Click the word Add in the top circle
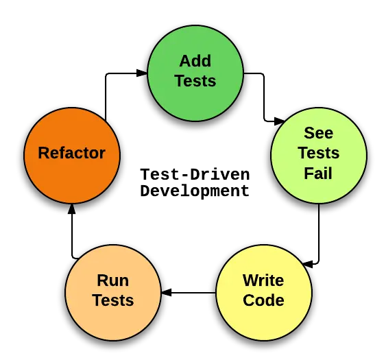click(195, 61)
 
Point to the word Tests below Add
click(195, 81)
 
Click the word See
click(318, 133)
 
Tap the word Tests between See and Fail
click(318, 153)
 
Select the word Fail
click(318, 173)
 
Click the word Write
click(263, 280)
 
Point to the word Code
click(263, 300)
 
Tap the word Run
click(112, 280)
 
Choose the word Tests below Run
click(112, 300)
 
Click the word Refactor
click(71, 153)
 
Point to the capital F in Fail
click(309, 173)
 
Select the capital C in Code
click(249, 300)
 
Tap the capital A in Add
click(184, 61)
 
